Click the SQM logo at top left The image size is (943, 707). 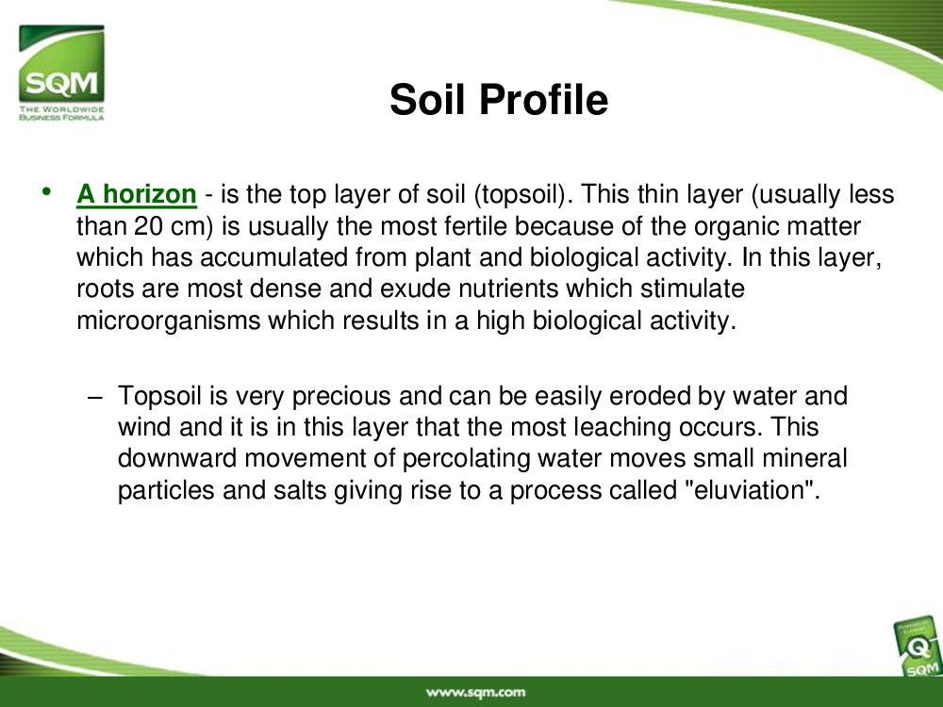coord(61,73)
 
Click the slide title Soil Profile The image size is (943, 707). coord(499,99)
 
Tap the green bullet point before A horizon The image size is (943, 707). coord(46,191)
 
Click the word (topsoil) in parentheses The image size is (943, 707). coord(519,195)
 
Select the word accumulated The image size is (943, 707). coord(274,257)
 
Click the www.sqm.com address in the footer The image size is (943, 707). coord(475,693)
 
